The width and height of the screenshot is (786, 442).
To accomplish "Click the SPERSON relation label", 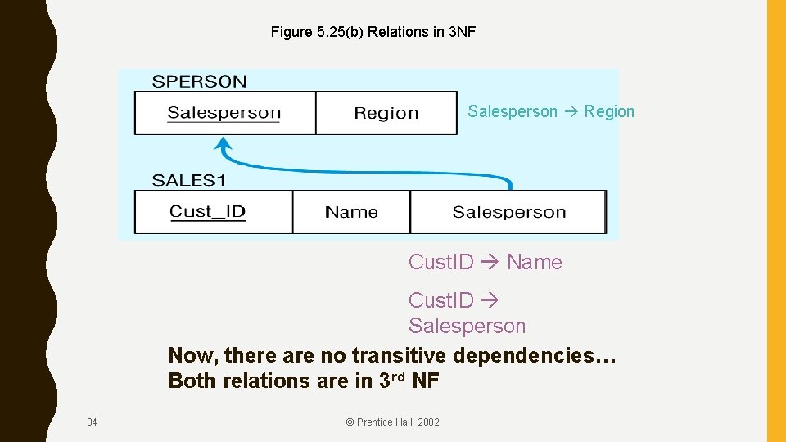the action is click(199, 81).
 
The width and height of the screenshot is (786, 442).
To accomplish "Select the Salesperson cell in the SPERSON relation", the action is click(224, 113).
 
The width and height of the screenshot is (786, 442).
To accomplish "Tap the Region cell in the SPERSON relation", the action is click(386, 113).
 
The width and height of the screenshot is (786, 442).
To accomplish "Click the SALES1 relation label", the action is click(189, 180).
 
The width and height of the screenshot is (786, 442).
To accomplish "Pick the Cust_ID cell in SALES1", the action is click(208, 212).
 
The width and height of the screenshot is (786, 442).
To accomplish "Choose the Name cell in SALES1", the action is click(351, 212).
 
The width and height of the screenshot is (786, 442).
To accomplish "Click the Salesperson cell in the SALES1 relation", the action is click(508, 212).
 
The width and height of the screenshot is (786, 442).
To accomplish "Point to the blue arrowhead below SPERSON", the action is click(223, 145).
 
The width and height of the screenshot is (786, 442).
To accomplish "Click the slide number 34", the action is click(92, 422).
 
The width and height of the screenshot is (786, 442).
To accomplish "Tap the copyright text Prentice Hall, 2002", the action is click(392, 422).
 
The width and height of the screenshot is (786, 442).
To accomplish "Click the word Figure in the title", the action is click(291, 33).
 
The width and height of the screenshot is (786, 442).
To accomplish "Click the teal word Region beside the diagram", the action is click(609, 112).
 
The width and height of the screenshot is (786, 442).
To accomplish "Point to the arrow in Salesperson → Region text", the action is click(571, 112).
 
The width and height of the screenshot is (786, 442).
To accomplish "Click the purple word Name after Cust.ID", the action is click(535, 263).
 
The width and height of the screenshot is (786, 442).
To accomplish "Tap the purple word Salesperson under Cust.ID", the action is click(467, 327).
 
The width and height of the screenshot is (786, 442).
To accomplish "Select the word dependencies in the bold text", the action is click(534, 356).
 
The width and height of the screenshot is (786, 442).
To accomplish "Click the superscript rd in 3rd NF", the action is click(400, 377).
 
